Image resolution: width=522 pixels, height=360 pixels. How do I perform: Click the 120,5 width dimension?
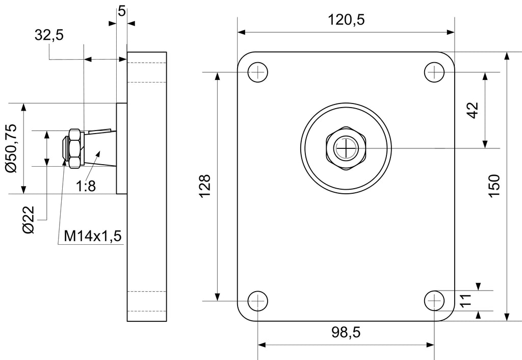346,20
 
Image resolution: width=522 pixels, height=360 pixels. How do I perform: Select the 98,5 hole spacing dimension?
346,332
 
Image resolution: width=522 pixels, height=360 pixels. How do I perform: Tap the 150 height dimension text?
494,186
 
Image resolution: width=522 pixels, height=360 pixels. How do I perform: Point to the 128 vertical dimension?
205,186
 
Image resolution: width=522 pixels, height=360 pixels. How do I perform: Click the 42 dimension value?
473,110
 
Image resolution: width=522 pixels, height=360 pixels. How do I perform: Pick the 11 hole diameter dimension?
466,300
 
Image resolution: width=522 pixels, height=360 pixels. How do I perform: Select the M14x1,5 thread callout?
93,236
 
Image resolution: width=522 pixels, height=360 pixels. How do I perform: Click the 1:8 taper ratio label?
86,186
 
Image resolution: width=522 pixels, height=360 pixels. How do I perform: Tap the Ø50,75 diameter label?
11,148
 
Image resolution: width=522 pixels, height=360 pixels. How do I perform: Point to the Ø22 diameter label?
29,220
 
